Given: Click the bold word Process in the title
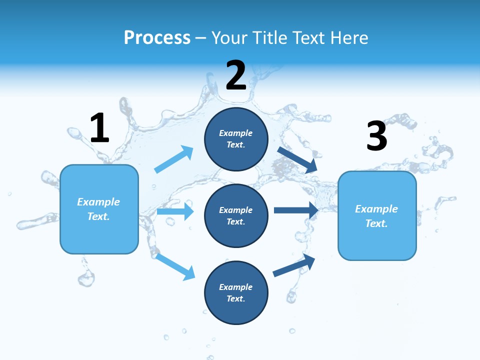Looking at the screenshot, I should coord(157,38).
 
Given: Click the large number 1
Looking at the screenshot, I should coord(99,128).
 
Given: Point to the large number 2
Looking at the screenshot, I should coord(236,75).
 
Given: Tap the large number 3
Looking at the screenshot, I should coord(376,136).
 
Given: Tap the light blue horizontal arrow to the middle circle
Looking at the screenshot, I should coord(175,211).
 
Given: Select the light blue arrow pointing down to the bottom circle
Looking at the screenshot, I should coord(175,266).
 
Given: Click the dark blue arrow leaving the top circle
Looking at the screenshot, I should coord(297,159).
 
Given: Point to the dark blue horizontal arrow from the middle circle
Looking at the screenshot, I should coord(296,210).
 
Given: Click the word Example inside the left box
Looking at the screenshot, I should coord(98,202).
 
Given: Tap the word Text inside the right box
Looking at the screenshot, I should coord(376,223).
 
